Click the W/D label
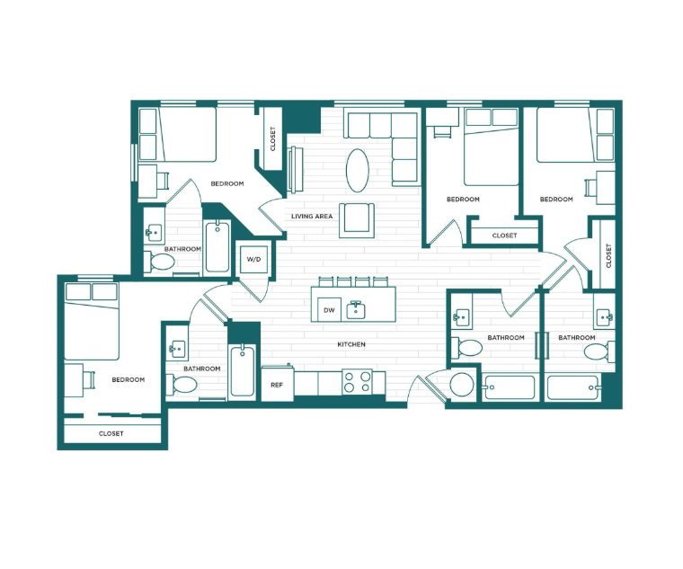253,260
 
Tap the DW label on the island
328,310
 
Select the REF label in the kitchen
277,385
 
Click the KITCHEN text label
351,344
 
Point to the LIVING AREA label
313,216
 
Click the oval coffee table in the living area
358,169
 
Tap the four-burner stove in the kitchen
358,381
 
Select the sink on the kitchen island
356,310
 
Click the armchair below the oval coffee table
357,219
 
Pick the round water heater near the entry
462,385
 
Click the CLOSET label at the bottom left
111,433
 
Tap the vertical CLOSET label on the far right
608,255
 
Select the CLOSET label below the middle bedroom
504,236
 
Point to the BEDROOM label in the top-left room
227,183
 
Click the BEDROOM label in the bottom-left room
129,379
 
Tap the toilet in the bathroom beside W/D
163,262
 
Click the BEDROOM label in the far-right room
557,199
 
